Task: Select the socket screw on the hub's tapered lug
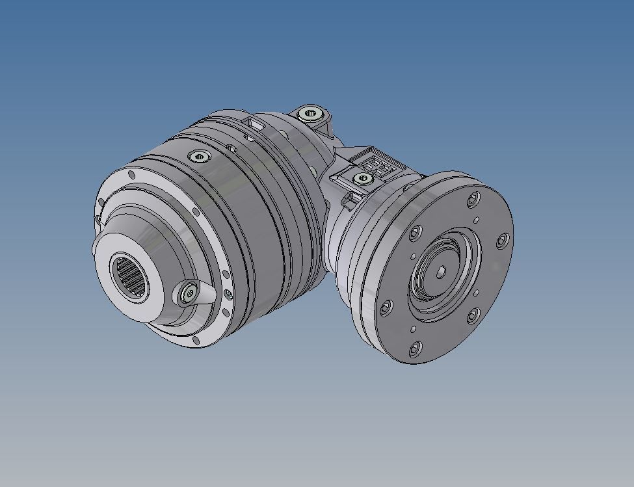[x=189, y=295]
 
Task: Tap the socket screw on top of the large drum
[x=198, y=157]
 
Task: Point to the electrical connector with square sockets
[x=375, y=165]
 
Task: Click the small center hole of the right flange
[x=442, y=272]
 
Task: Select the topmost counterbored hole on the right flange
[x=473, y=197]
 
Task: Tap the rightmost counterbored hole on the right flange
[x=502, y=241]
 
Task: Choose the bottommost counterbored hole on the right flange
[x=416, y=349]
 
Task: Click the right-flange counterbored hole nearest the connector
[x=417, y=231]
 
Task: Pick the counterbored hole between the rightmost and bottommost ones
[x=473, y=317]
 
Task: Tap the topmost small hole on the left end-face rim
[x=132, y=175]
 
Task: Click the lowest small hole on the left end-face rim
[x=196, y=339]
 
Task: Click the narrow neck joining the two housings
[x=338, y=215]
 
